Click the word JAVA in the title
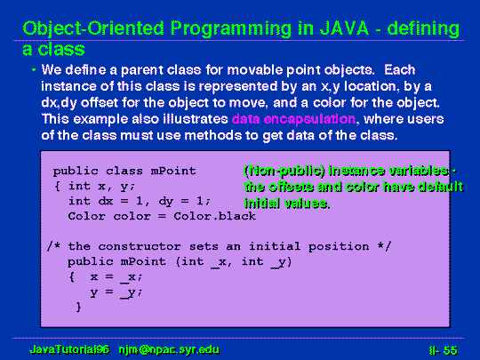click(x=344, y=28)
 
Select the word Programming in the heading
click(x=231, y=29)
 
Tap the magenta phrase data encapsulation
click(x=293, y=119)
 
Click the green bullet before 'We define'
click(x=34, y=70)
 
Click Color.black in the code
click(x=214, y=216)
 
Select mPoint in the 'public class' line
click(x=173, y=171)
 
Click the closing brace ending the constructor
click(x=79, y=307)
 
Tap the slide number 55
click(x=450, y=350)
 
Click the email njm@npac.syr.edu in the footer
click(x=169, y=349)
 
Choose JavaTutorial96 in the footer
click(x=69, y=349)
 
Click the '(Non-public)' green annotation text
click(x=284, y=171)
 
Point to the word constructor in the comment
click(x=140, y=246)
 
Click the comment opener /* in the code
click(x=53, y=246)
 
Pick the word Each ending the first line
click(x=400, y=70)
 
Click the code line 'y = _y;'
click(x=116, y=292)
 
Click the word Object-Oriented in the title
click(x=93, y=29)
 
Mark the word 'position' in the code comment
click(x=339, y=247)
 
